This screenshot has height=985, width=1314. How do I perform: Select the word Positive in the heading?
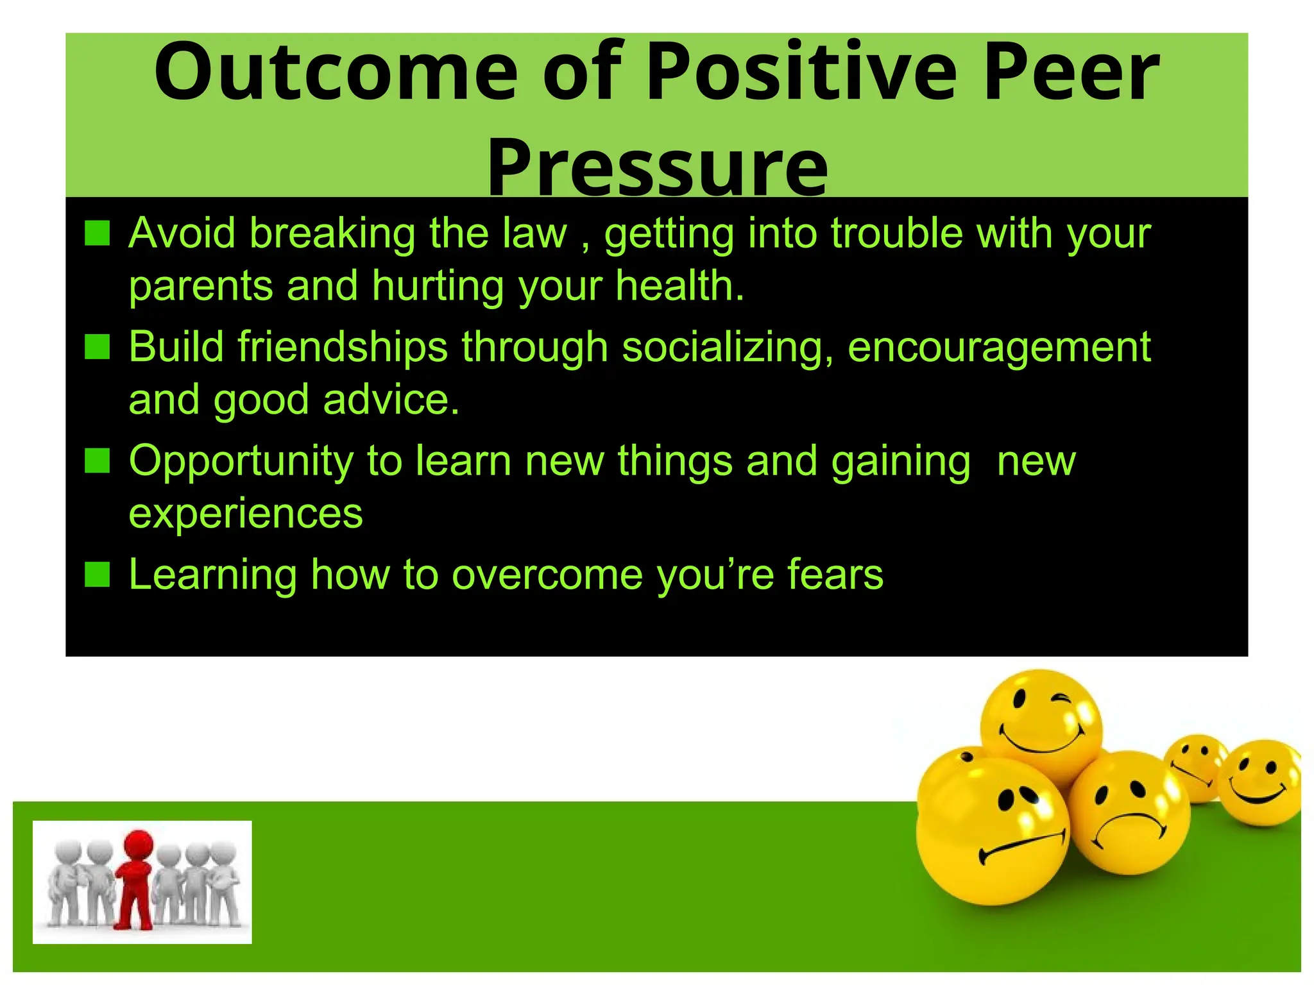click(802, 72)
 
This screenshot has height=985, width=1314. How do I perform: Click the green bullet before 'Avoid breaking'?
click(98, 233)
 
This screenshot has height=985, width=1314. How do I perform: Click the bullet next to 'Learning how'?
click(98, 574)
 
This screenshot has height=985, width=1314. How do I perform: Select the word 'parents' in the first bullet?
click(200, 287)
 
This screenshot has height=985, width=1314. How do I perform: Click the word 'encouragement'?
click(999, 347)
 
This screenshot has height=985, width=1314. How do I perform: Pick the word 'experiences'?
click(246, 513)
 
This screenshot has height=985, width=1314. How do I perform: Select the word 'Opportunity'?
click(241, 462)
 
